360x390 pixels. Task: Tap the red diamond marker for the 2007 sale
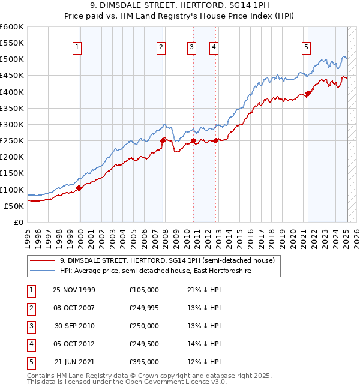point(163,140)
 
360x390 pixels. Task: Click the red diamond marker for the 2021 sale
point(308,93)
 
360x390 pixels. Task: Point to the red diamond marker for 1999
point(79,188)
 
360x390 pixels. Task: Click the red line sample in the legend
point(42,261)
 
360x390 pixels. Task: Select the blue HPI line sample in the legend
point(42,271)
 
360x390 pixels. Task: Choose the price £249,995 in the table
point(143,308)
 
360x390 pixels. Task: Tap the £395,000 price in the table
point(143,362)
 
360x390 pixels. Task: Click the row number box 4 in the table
point(31,344)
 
